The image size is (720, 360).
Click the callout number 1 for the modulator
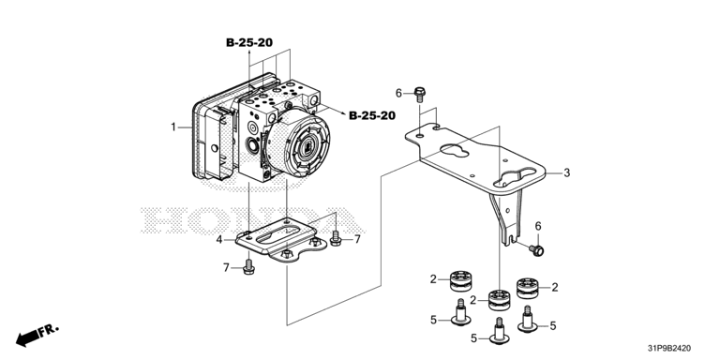pos(173,127)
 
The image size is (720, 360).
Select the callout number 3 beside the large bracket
pos(567,173)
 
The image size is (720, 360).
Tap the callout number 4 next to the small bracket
pos(219,239)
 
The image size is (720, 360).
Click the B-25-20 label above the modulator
pos(249,43)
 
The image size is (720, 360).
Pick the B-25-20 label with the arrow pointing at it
pos(372,115)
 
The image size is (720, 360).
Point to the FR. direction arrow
pos(37,335)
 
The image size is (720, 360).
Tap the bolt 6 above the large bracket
pos(420,94)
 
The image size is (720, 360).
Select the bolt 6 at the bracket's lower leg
pos(536,250)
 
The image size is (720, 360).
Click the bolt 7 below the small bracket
pos(248,267)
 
